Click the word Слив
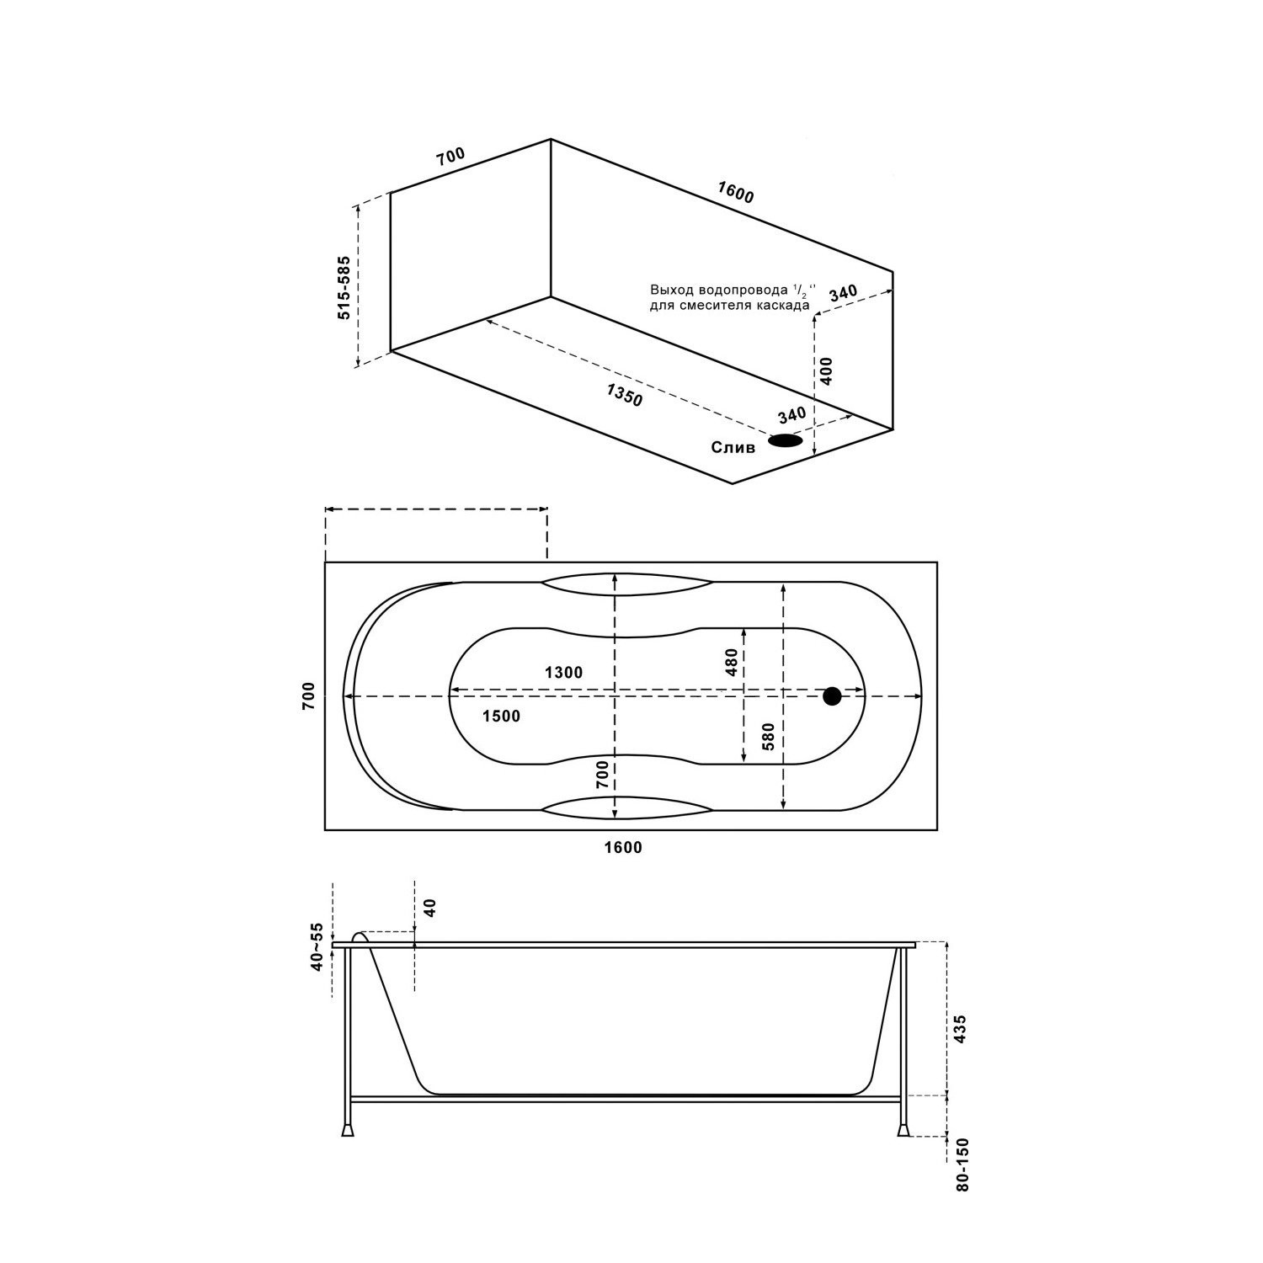click(x=733, y=447)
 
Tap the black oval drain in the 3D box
click(x=785, y=440)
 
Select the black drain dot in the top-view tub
click(x=832, y=695)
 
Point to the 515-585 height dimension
click(x=344, y=287)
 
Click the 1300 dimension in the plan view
click(x=563, y=672)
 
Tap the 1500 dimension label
click(x=501, y=717)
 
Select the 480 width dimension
click(x=731, y=662)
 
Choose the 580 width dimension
click(x=766, y=738)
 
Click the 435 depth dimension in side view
click(x=961, y=1030)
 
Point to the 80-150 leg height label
click(x=963, y=1164)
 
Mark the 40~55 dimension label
click(x=317, y=947)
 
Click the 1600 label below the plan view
click(x=623, y=848)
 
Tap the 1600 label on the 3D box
click(x=735, y=193)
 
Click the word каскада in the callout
click(x=783, y=306)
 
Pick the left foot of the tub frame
click(x=347, y=1129)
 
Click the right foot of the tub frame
click(x=904, y=1129)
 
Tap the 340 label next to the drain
click(x=792, y=415)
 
